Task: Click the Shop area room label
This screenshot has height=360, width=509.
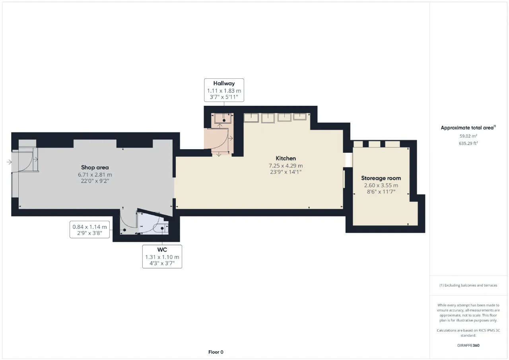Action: click(x=95, y=167)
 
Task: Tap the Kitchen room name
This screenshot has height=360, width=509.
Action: click(x=286, y=158)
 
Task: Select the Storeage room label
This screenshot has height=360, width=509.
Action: click(x=381, y=178)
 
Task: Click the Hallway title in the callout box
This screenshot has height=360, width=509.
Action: click(x=224, y=84)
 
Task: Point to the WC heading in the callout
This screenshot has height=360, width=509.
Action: click(x=162, y=249)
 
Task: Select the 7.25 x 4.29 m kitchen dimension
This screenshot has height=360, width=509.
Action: click(x=286, y=166)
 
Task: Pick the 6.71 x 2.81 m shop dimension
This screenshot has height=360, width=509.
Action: click(x=95, y=175)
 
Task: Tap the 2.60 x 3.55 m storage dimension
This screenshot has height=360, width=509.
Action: click(x=381, y=185)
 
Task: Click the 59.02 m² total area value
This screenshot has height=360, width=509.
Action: click(x=468, y=136)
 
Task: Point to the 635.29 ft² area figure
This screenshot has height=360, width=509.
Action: click(x=468, y=143)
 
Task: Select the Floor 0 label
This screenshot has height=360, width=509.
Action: click(x=216, y=352)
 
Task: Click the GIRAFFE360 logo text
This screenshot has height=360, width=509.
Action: click(x=468, y=345)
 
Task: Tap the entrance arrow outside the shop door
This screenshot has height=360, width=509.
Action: click(x=9, y=162)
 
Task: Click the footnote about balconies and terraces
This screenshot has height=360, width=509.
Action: click(x=468, y=285)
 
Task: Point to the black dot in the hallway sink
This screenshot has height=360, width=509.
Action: click(x=224, y=121)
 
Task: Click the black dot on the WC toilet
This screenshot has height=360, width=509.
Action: click(x=162, y=228)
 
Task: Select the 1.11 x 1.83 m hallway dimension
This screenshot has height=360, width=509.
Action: click(x=224, y=91)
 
